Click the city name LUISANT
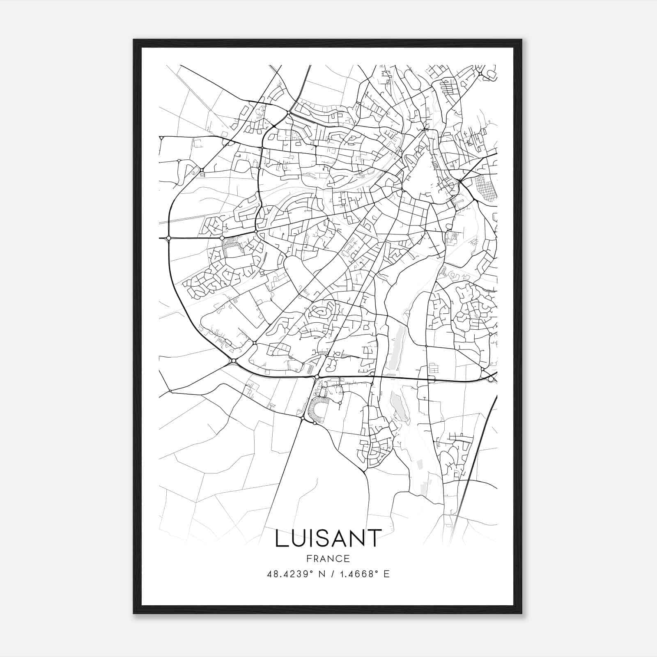point(328,538)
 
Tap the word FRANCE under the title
point(328,558)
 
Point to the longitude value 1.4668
point(357,574)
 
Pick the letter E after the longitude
point(386,574)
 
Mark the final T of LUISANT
point(374,538)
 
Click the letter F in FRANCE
point(309,558)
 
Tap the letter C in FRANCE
point(339,558)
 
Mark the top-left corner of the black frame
point(134,40)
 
